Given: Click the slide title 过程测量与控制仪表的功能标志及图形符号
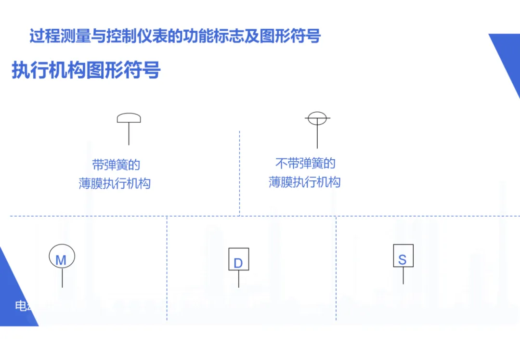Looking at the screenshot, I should (x=175, y=37).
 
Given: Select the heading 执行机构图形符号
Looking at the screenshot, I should (x=86, y=71).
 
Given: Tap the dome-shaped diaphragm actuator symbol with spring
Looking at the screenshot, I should (x=129, y=118).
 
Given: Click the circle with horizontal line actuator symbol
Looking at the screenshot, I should (x=317, y=118).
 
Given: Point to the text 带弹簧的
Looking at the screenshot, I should (x=116, y=165).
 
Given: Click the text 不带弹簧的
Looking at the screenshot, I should (x=305, y=164).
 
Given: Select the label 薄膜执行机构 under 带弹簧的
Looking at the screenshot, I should (x=115, y=184).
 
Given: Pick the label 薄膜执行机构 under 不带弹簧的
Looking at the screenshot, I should (x=304, y=182).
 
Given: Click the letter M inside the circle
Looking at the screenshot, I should (x=61, y=260).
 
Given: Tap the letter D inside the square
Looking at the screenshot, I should (x=238, y=263).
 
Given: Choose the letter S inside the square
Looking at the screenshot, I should (x=403, y=260).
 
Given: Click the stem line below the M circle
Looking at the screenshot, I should (x=62, y=278).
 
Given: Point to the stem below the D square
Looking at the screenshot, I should (x=238, y=279).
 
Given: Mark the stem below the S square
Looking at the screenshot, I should (x=403, y=276).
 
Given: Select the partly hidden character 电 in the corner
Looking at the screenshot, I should (x=21, y=306).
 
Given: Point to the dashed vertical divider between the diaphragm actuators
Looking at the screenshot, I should (x=239, y=173).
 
